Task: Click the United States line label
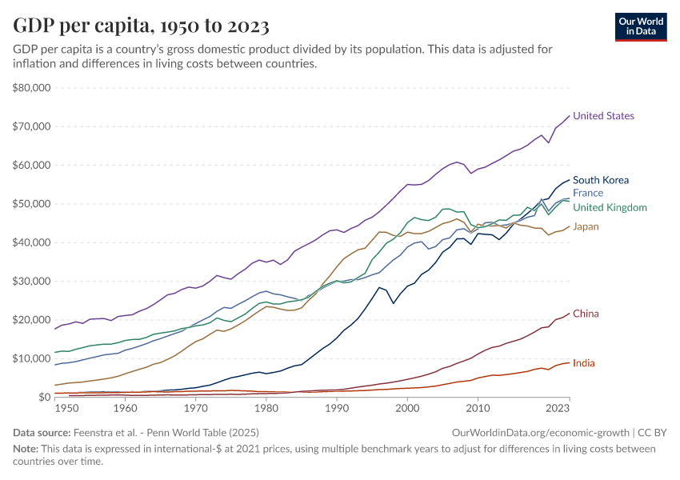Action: click(x=603, y=116)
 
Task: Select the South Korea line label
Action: click(x=601, y=180)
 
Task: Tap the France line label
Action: click(x=588, y=193)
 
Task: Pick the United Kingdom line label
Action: click(x=610, y=208)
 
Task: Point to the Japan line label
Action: click(x=586, y=227)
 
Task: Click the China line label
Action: click(x=586, y=314)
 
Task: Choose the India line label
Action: click(x=584, y=363)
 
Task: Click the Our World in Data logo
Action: click(x=640, y=26)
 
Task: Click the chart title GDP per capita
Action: click(x=141, y=26)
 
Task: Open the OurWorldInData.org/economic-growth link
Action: click(x=542, y=433)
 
